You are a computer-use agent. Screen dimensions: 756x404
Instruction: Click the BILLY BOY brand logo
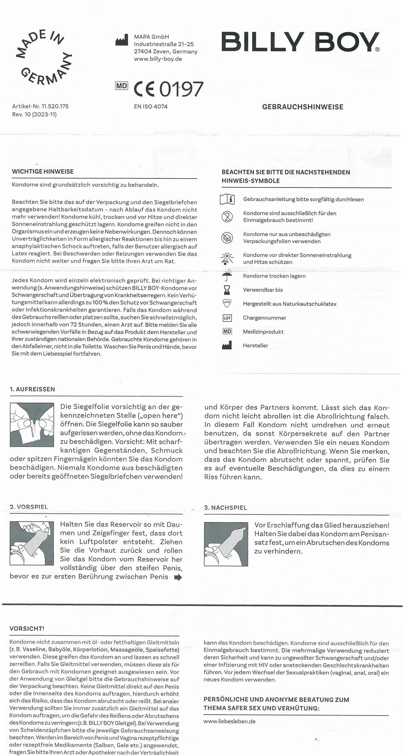click(300, 42)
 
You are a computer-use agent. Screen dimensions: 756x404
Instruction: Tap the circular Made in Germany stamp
click(44, 57)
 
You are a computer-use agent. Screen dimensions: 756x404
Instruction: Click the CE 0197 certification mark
click(168, 89)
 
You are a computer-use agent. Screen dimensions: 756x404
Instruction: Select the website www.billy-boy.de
click(158, 59)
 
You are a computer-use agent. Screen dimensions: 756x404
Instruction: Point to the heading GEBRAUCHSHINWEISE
click(302, 107)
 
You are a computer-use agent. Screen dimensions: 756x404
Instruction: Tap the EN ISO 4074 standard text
click(151, 107)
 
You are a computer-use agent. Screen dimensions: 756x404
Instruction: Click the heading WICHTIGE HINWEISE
click(43, 172)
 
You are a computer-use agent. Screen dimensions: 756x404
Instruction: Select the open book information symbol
click(227, 200)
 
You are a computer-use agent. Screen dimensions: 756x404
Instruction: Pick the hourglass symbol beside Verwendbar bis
click(227, 290)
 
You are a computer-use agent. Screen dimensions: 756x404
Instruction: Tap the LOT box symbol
click(227, 318)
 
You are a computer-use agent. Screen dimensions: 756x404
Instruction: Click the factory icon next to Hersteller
click(227, 346)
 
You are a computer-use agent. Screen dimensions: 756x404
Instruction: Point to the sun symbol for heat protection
click(227, 259)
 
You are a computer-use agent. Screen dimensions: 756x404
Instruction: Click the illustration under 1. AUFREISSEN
click(32, 425)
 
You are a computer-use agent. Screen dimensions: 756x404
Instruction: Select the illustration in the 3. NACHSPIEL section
click(226, 544)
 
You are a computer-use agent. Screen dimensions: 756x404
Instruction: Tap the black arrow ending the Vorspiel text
click(178, 578)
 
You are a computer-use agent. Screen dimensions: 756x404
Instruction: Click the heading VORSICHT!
click(27, 629)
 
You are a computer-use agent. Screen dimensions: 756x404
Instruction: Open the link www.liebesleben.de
click(229, 721)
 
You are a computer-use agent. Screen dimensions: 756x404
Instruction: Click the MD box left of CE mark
click(122, 86)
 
